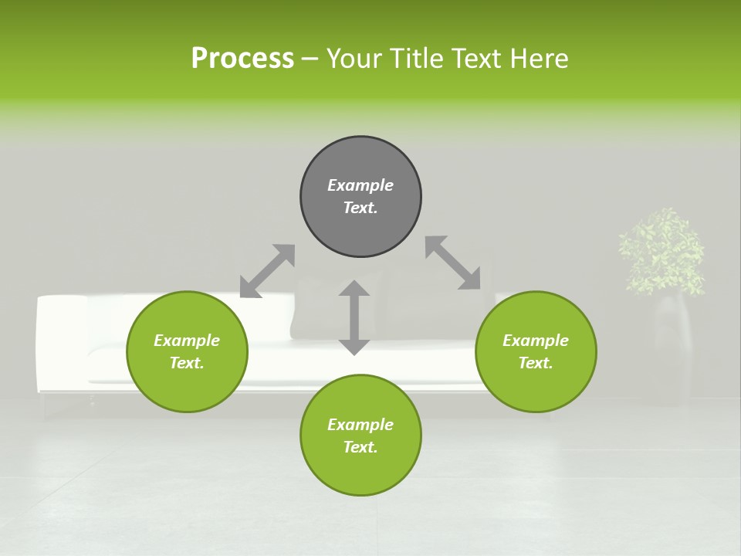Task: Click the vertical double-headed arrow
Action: coord(354,317)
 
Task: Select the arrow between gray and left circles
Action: coord(267,271)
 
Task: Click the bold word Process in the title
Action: coord(242,59)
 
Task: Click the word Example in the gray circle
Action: coord(360,185)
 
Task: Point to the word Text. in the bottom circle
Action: coord(360,447)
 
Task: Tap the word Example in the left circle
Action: coord(187,341)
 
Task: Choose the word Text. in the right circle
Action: coord(536,363)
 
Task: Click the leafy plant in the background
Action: coord(662,251)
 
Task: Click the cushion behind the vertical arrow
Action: coord(324,309)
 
